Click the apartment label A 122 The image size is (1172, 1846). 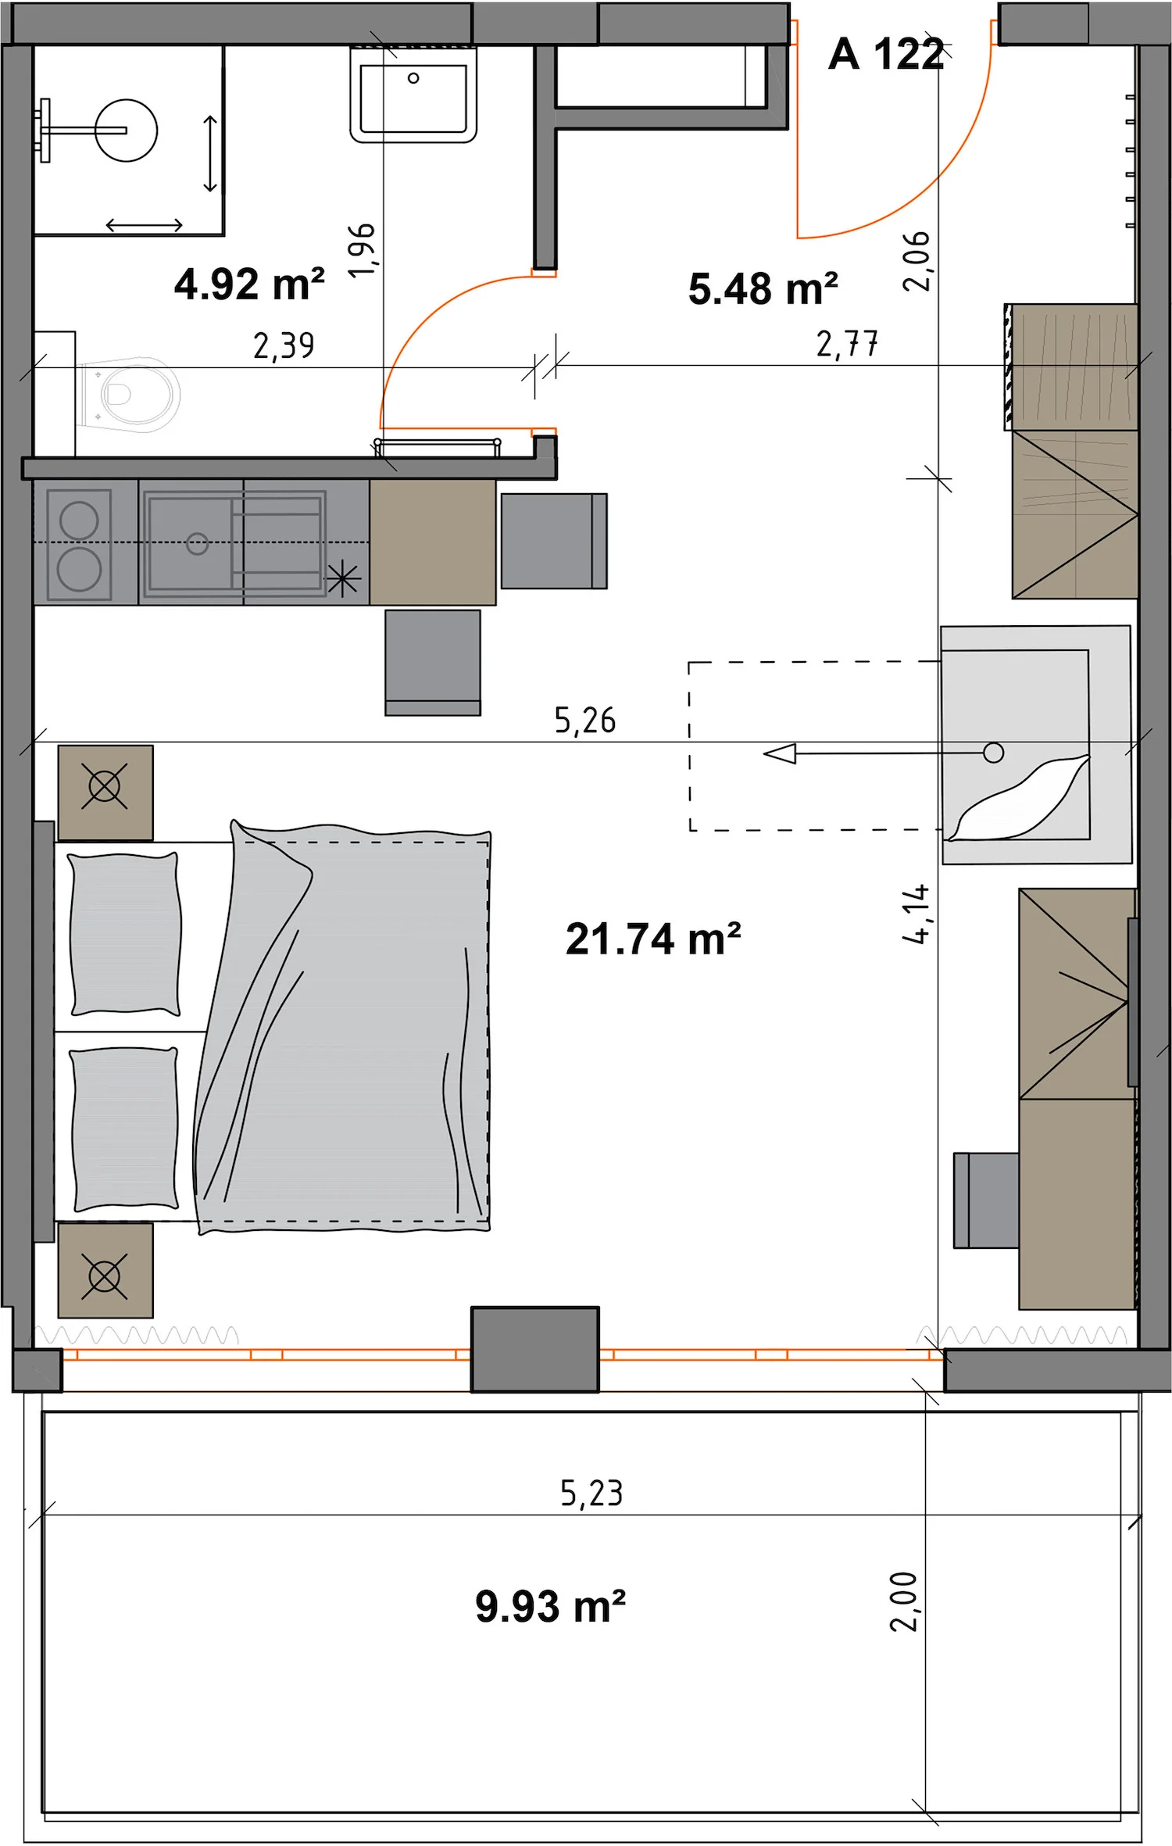coord(886,55)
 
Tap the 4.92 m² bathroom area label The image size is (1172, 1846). coord(249,284)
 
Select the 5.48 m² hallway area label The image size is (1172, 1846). coord(763,288)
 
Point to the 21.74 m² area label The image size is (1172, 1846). coord(653,939)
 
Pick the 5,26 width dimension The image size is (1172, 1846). coord(585,721)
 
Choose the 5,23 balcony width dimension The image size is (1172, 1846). coord(591,1494)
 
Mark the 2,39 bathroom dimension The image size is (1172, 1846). coord(284,345)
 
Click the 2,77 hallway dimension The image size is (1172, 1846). coord(847,344)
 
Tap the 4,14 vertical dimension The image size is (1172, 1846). coord(916,914)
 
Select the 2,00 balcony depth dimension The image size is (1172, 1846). coord(904,1601)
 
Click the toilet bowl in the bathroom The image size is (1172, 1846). coord(129,395)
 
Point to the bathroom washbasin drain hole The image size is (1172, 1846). coord(413,78)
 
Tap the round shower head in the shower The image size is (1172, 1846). coord(127,131)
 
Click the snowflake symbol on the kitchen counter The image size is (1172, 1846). coord(343,580)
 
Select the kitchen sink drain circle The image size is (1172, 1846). coord(198,543)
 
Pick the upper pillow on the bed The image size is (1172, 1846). coord(125,934)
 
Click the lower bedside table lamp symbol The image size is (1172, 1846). coord(105,1277)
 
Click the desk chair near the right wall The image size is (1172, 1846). coord(986,1200)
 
